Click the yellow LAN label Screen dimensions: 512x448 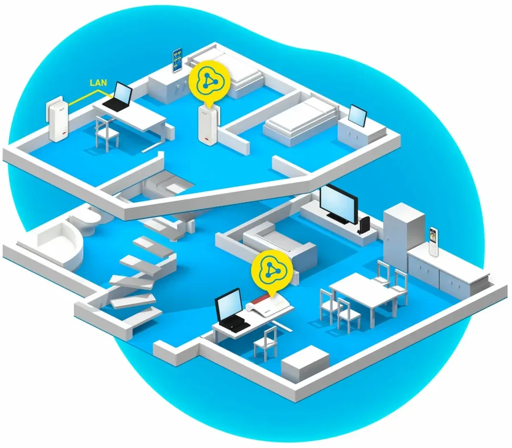[x=98, y=83]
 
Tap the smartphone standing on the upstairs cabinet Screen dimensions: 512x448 [x=177, y=60]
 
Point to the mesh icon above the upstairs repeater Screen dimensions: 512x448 [x=209, y=83]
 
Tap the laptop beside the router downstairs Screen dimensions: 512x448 [x=231, y=311]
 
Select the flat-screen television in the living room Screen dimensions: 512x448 [x=338, y=204]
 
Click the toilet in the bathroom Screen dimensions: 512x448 [x=85, y=219]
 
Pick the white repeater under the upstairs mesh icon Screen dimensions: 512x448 [x=209, y=124]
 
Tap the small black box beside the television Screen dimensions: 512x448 [x=364, y=225]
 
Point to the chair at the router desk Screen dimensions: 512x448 [x=266, y=342]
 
